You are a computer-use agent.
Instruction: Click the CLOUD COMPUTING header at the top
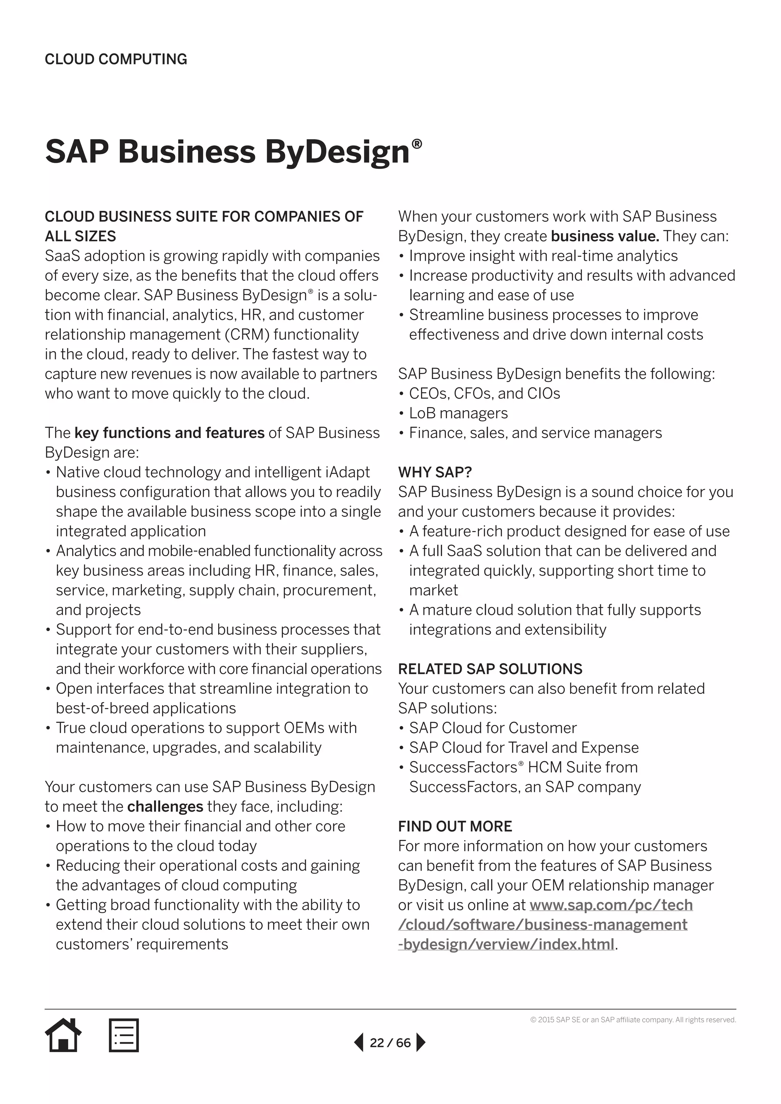tap(116, 59)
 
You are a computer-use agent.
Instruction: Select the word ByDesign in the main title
tap(337, 152)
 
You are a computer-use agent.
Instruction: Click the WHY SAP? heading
tap(435, 472)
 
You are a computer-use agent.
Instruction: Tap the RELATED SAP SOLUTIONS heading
tap(490, 669)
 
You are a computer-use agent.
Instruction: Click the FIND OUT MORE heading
tap(455, 826)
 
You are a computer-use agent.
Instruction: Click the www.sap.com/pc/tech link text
tap(611, 905)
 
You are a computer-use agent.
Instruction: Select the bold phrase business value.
tap(604, 236)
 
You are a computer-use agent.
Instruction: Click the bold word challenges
tap(165, 806)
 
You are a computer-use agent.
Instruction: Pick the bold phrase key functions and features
tap(169, 433)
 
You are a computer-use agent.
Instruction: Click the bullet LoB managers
tap(458, 413)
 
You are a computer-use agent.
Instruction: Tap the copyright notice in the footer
tap(633, 1020)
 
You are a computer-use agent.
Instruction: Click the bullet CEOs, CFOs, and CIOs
tap(484, 393)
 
